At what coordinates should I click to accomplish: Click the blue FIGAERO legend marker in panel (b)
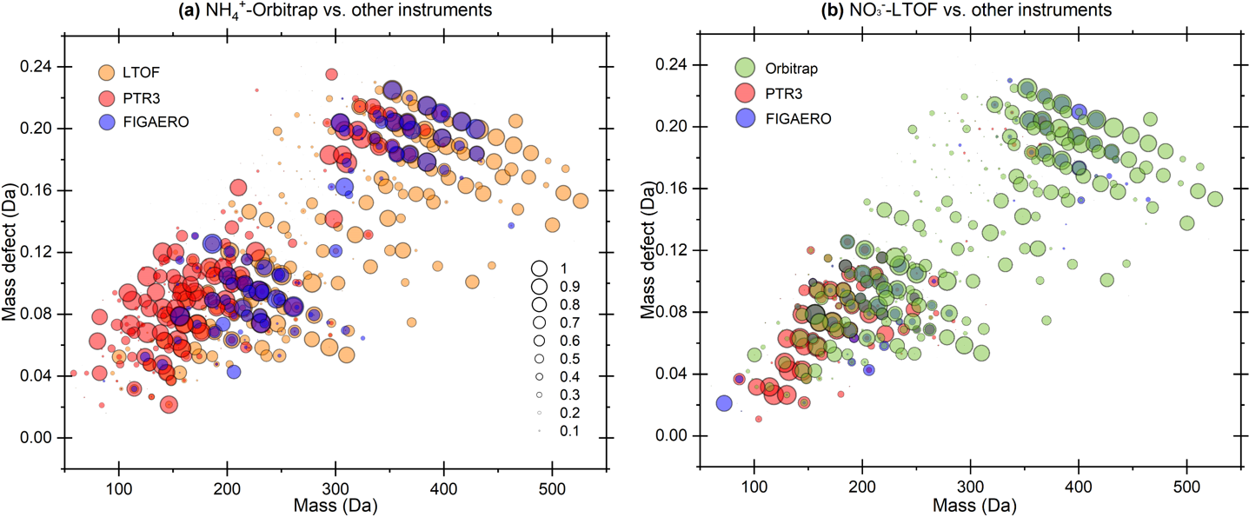click(746, 117)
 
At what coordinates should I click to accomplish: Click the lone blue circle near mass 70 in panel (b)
click(724, 402)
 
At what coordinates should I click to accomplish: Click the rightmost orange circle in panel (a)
click(581, 200)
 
